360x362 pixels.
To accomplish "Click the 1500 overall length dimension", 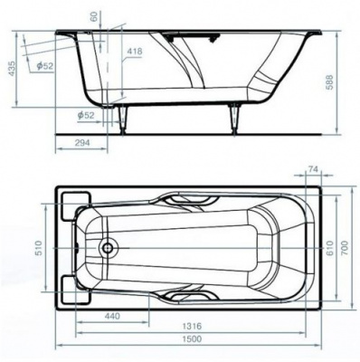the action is pyautogui.click(x=192, y=338).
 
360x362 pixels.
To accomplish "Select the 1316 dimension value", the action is pyautogui.click(x=192, y=326).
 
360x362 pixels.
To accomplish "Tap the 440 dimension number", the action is pyautogui.click(x=112, y=316).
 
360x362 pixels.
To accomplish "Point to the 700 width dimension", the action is pyautogui.click(x=345, y=247).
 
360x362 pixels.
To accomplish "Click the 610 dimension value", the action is pyautogui.click(x=329, y=248).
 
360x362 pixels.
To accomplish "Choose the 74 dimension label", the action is pyautogui.click(x=314, y=169).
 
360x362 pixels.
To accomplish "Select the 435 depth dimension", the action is pyautogui.click(x=12, y=69).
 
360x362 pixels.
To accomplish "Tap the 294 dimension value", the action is pyautogui.click(x=81, y=143).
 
